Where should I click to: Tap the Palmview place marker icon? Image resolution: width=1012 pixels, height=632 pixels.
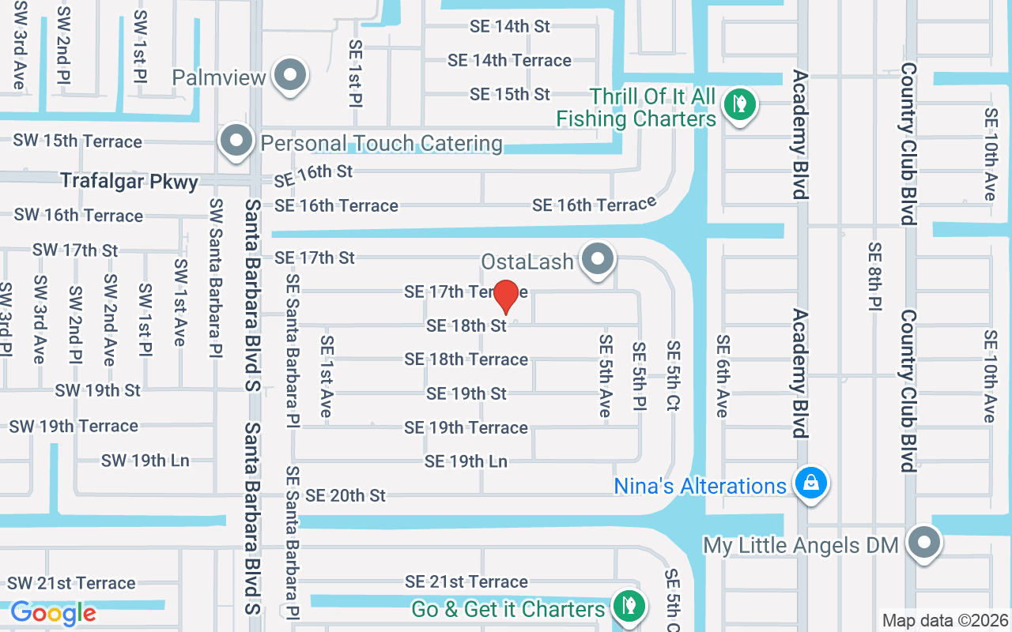coord(290,75)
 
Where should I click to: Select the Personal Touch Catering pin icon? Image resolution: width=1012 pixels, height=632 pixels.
coord(236,141)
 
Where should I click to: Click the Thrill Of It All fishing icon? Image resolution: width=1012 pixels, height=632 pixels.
coord(739,103)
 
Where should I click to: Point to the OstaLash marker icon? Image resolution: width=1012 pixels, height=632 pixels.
coord(598,258)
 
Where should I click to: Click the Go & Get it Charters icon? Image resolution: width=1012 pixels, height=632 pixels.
coord(629,605)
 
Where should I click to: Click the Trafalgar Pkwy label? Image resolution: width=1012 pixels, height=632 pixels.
coord(130,182)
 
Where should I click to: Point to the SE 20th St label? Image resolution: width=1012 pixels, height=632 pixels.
coord(346,495)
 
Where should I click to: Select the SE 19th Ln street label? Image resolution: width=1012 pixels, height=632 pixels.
coord(466,461)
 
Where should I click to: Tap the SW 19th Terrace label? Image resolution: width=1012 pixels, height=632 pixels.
coord(74,426)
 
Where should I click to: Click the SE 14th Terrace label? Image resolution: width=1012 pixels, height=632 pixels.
coord(509,60)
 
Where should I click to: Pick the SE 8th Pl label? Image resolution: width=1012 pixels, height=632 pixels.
coord(874,276)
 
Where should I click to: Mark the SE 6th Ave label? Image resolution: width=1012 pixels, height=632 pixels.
coord(723,375)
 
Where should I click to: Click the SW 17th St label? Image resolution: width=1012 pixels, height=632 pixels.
coord(75,250)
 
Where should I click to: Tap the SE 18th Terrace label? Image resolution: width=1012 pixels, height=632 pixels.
coord(466,359)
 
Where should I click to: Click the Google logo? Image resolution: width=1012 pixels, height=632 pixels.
coord(53,612)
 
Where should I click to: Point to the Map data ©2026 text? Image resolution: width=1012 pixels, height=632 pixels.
coord(946,621)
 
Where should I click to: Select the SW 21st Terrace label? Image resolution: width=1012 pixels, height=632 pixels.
coord(72,583)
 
